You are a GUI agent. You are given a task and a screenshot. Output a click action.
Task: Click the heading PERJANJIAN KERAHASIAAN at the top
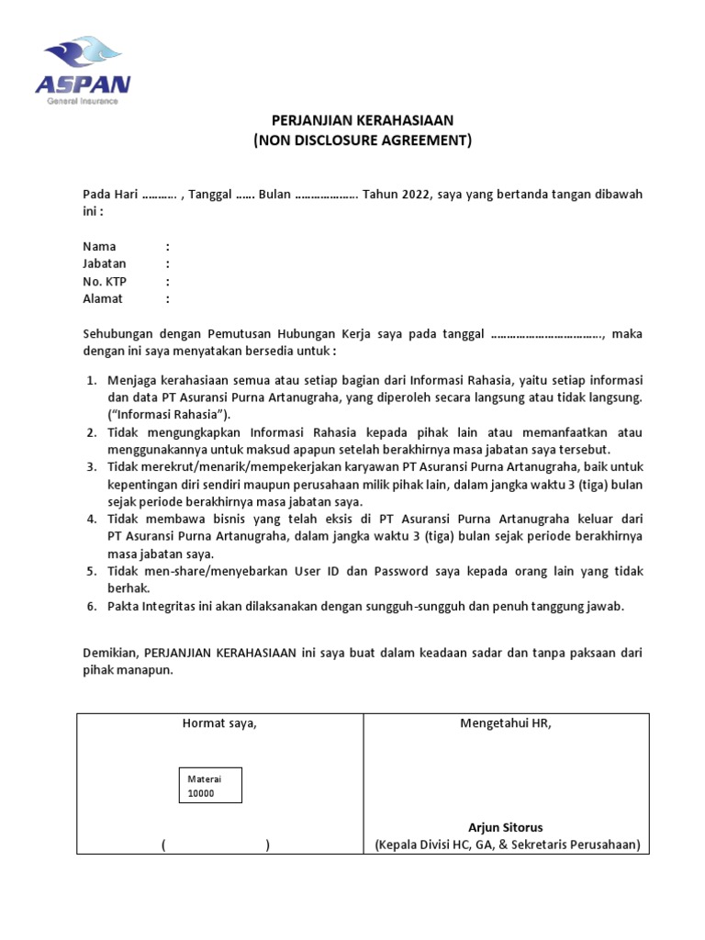coord(363,121)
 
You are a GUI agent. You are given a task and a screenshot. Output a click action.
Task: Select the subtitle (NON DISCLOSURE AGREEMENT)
coord(363,140)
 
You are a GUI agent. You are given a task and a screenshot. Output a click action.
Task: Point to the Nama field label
coord(99,247)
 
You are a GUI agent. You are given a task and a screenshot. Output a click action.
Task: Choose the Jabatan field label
coord(105,264)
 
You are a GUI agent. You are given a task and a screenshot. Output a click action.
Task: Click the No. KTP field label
coord(104,282)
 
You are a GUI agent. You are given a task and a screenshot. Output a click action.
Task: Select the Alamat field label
coord(103,299)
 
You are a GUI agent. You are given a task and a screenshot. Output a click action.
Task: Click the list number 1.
coord(92,380)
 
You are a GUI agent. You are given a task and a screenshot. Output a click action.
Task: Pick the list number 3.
coord(92,467)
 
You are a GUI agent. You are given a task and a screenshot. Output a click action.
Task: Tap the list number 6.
coord(92,607)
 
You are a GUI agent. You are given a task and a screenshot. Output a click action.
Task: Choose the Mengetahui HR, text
coord(506,724)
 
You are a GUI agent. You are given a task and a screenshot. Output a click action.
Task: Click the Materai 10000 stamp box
coord(210,786)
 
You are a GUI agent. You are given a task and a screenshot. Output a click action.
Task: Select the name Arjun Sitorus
coord(506,827)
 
